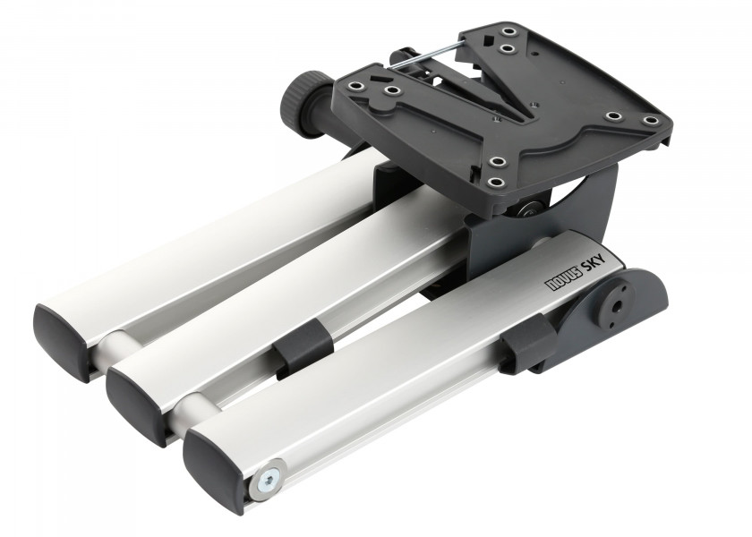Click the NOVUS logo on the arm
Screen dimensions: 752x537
564,277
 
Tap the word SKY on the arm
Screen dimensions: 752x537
595,261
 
